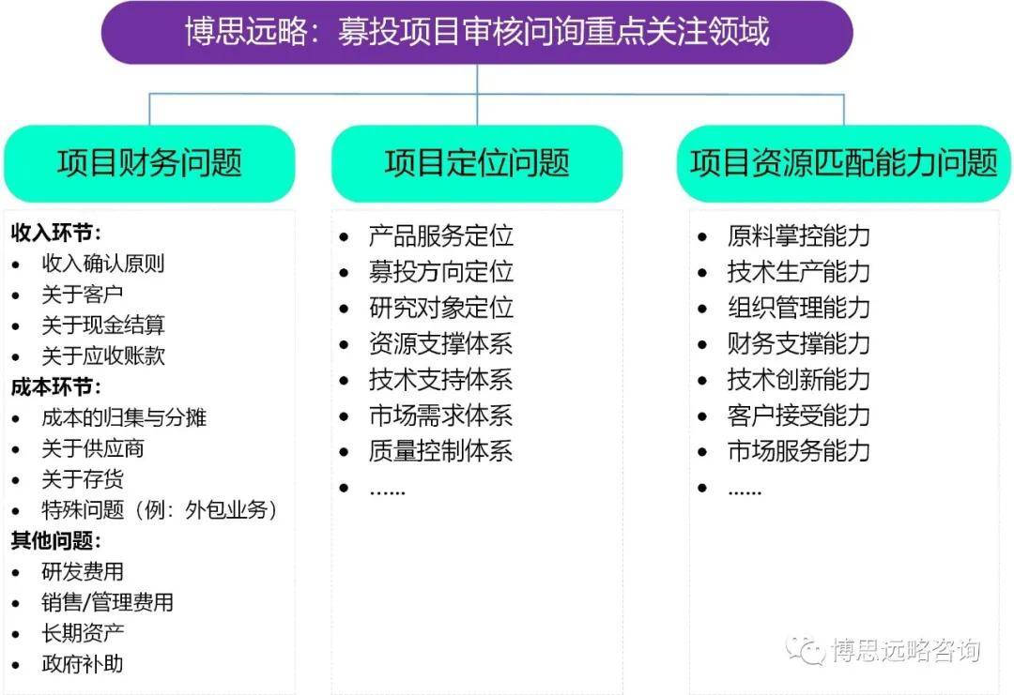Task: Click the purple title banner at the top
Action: point(477,32)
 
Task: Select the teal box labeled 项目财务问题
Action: point(149,163)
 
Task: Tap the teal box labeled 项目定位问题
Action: point(477,163)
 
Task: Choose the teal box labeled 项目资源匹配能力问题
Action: point(843,163)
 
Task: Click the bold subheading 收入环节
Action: point(55,234)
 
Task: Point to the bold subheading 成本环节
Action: point(55,387)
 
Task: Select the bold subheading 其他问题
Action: point(55,540)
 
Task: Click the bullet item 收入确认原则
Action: point(103,264)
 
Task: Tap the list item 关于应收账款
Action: point(103,355)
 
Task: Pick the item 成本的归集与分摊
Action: point(124,418)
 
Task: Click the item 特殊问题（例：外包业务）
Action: point(160,510)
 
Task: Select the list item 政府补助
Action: point(82,663)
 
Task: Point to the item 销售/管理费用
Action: point(107,603)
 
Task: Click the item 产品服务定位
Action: point(441,236)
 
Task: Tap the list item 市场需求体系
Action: point(441,415)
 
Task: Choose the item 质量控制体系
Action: point(441,451)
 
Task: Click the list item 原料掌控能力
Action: point(798,236)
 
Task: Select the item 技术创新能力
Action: point(798,379)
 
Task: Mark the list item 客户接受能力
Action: point(798,415)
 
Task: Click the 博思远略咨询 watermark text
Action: point(905,650)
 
